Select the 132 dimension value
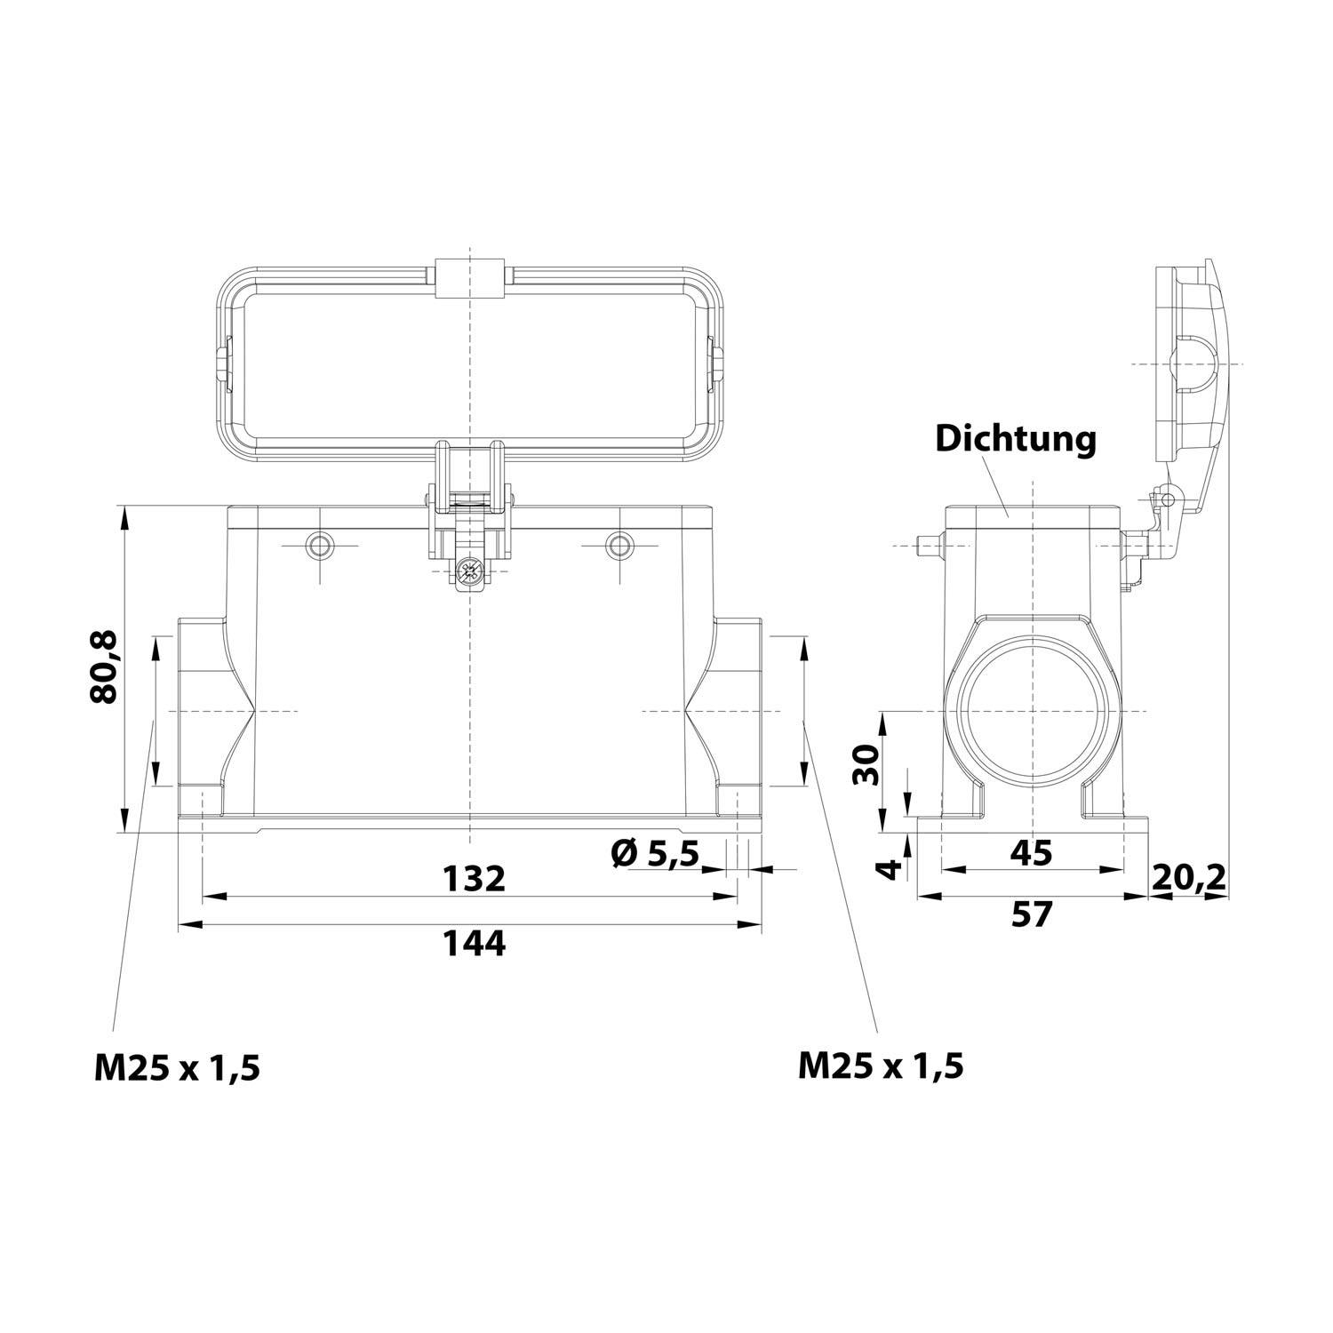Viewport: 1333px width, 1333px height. point(475,878)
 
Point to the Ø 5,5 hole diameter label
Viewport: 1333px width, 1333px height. point(655,854)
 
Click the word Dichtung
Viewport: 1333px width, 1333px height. point(1015,439)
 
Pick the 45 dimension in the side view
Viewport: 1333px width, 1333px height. point(1031,853)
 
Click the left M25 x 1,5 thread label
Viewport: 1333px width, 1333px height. point(177,1067)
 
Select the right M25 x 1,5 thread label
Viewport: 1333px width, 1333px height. point(880,1065)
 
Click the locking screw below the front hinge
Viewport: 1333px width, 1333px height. point(469,572)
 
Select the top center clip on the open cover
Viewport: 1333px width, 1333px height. point(470,277)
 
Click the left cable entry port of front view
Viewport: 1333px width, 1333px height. point(203,711)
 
